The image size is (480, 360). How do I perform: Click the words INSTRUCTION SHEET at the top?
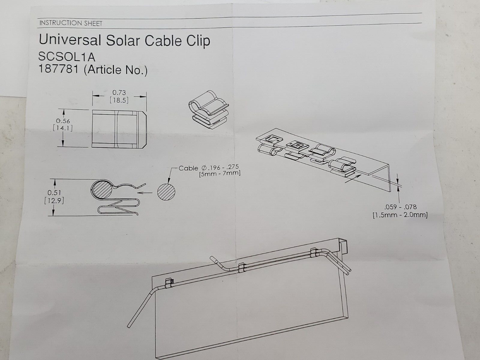point(71,23)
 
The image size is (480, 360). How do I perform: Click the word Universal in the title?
point(69,40)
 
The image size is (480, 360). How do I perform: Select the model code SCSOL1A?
point(67,57)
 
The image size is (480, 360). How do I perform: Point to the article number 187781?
point(58,70)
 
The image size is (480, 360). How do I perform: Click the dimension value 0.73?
point(119,93)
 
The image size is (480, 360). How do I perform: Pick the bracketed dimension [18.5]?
point(119,100)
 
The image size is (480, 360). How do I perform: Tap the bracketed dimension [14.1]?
point(63,128)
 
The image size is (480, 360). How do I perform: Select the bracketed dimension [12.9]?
point(54,200)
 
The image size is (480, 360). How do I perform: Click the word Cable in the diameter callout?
point(188,168)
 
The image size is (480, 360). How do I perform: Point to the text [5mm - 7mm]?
point(220,173)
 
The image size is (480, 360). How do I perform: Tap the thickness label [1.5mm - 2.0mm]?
point(400,215)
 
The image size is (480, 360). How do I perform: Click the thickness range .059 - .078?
point(400,207)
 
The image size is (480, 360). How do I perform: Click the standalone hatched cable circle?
point(167,191)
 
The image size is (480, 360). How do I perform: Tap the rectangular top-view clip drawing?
point(119,129)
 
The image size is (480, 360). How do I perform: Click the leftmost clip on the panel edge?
point(169,282)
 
